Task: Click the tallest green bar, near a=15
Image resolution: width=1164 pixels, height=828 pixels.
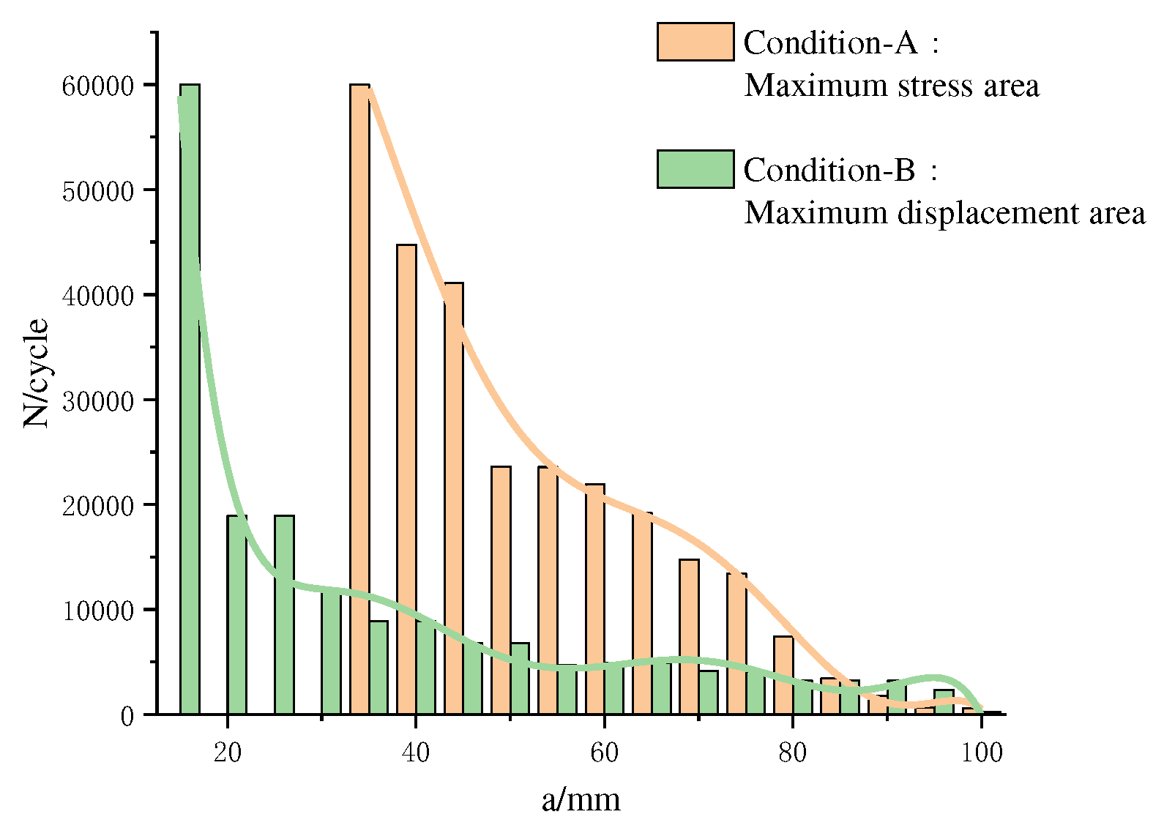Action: click(x=190, y=399)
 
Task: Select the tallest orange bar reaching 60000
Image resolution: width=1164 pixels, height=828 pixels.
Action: click(x=359, y=399)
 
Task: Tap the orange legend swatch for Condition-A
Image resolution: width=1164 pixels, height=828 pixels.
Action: click(x=695, y=42)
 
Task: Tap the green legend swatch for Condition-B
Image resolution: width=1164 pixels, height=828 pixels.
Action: click(x=695, y=169)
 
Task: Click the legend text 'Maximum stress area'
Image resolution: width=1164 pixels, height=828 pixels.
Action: click(x=891, y=86)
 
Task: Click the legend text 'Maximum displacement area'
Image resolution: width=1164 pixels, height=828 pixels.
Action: click(x=944, y=213)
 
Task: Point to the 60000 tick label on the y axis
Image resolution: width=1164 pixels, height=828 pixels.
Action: click(x=98, y=86)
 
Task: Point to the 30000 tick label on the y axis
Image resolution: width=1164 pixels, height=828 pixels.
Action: click(x=98, y=401)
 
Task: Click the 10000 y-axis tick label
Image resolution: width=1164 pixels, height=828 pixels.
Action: click(x=98, y=611)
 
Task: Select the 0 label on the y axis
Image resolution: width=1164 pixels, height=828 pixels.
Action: click(x=127, y=716)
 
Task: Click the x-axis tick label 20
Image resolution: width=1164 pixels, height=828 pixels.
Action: click(x=228, y=752)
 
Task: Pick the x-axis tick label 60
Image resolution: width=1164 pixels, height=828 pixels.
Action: click(x=604, y=752)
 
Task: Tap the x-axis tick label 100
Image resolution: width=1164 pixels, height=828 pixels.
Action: click(x=981, y=752)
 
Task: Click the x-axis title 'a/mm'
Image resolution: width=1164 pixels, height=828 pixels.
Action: click(x=581, y=799)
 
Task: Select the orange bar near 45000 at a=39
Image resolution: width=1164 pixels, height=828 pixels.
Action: click(x=406, y=480)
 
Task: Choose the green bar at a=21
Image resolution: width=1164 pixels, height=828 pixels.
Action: click(x=236, y=615)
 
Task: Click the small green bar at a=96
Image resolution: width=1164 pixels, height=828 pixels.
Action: click(x=944, y=702)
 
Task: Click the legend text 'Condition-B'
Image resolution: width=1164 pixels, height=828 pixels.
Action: click(x=829, y=170)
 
